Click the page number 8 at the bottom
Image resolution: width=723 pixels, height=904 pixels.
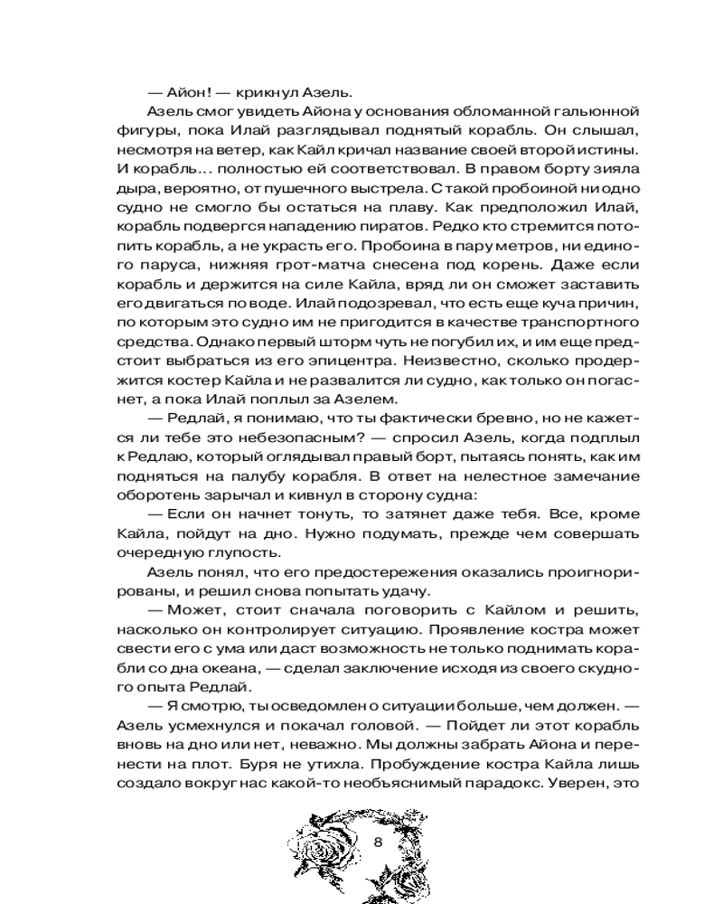coord(379,843)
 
